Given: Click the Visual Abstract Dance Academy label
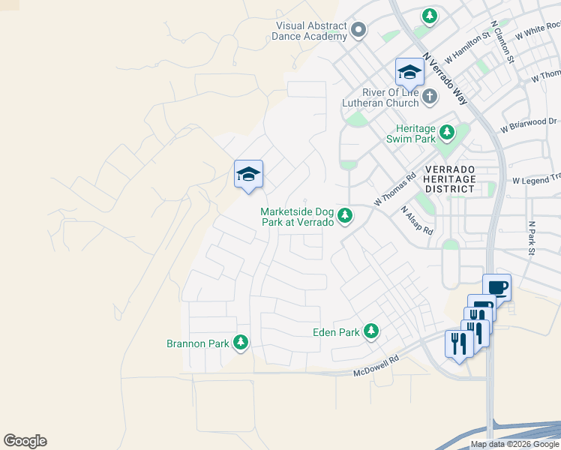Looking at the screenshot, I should (311, 31).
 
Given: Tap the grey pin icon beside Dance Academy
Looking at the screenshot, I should (358, 31).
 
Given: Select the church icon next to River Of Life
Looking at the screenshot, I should (430, 96).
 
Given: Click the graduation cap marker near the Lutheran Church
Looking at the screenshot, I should (409, 72).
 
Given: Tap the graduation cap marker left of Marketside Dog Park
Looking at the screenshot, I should (248, 175).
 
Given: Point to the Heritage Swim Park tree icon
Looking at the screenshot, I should (447, 133).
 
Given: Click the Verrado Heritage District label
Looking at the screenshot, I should (448, 179).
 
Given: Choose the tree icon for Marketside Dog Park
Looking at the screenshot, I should (345, 217).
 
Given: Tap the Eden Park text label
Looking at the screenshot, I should (337, 331).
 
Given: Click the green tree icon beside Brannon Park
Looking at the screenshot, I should (241, 343).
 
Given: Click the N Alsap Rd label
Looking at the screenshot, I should (417, 220).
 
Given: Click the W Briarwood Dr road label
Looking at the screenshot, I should (530, 124).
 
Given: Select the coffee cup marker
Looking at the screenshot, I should (496, 286).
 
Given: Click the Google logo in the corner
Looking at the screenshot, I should (25, 441).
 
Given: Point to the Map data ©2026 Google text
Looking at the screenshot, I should (514, 444).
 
